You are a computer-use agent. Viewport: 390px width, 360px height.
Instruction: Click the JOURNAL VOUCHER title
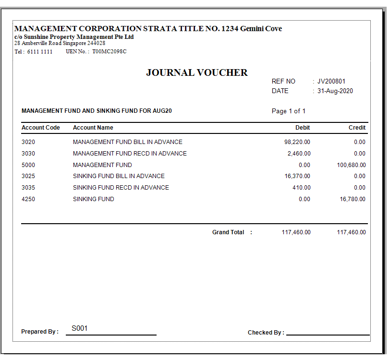pos(197,73)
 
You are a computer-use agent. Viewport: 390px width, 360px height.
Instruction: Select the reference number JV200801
pos(331,82)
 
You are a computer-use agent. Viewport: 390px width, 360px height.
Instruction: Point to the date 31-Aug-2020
pos(335,91)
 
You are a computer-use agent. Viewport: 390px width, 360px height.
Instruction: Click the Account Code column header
pos(41,128)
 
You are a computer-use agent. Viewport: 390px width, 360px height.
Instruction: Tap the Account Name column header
pos(93,128)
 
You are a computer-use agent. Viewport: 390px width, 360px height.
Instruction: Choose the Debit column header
pos(303,128)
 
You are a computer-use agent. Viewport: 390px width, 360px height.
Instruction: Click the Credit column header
pos(357,128)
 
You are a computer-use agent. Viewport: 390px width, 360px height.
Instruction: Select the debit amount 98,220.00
pos(297,142)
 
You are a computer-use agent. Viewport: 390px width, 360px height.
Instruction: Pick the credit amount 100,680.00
pos(351,165)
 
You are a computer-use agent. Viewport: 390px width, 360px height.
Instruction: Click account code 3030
pos(28,154)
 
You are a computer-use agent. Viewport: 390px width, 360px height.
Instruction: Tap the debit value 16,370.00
pos(297,176)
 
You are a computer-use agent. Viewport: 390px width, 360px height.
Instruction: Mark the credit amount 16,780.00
pos(353,199)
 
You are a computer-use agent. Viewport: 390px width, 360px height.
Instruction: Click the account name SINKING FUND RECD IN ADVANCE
pos(121,188)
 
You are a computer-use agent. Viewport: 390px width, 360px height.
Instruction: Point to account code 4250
pos(28,199)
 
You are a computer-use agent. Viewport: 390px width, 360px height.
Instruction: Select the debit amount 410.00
pos(302,188)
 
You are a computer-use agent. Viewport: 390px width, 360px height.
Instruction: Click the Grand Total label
pos(228,232)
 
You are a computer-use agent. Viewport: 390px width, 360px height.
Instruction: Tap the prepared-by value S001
pos(80,328)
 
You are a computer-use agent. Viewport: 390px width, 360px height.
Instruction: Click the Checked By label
pos(266,333)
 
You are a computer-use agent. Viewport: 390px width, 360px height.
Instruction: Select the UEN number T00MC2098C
pos(110,51)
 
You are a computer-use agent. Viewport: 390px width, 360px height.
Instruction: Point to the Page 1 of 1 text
pos(289,111)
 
